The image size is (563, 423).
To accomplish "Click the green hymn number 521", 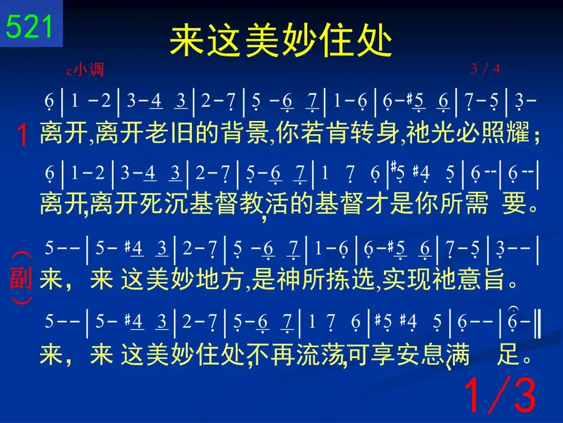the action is [x=29, y=26].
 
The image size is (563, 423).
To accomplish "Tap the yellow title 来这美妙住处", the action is [x=281, y=41].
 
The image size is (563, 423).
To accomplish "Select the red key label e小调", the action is [x=85, y=69].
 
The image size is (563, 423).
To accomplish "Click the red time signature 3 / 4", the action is [x=485, y=68].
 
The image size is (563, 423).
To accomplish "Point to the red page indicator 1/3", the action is [x=500, y=395].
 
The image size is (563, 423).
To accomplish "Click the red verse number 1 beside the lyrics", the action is [x=23, y=135].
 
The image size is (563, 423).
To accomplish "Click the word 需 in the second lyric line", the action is [x=476, y=203].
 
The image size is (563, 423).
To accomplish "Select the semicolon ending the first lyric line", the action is [x=537, y=137].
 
